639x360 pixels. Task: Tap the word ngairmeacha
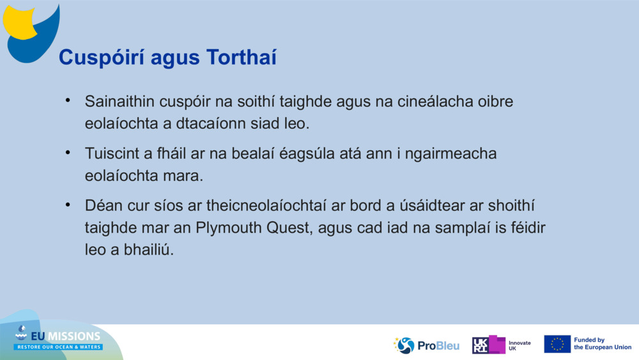click(454, 154)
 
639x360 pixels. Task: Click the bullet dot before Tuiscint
click(68, 153)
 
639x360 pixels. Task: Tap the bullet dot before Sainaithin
click(68, 101)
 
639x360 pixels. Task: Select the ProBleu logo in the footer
click(427, 345)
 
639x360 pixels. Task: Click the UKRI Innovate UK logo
click(501, 345)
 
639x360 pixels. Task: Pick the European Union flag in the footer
click(557, 344)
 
